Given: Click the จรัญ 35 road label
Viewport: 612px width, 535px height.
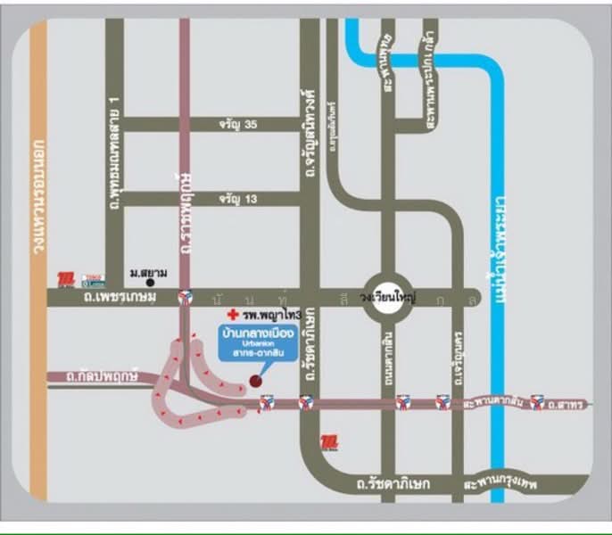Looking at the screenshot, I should click(238, 125).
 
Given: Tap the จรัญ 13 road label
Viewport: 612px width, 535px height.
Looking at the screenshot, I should click(238, 198).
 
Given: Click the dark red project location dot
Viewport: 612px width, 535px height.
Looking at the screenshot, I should click(255, 381).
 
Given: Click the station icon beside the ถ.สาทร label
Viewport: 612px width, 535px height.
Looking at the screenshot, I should click(536, 403).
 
